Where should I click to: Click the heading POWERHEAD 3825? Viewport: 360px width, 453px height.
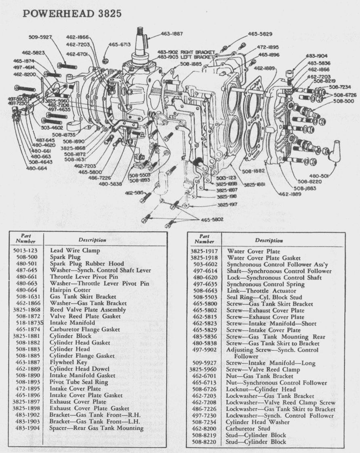(x=72, y=13)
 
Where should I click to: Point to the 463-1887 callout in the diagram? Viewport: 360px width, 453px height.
(x=172, y=34)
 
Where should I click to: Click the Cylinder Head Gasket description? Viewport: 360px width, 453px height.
(x=80, y=343)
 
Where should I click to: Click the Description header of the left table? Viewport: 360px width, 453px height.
(x=92, y=240)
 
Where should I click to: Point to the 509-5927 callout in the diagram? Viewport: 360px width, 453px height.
(x=40, y=37)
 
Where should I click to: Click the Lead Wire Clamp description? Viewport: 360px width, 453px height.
(x=75, y=250)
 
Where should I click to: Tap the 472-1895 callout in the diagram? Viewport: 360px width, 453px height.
(x=268, y=47)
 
